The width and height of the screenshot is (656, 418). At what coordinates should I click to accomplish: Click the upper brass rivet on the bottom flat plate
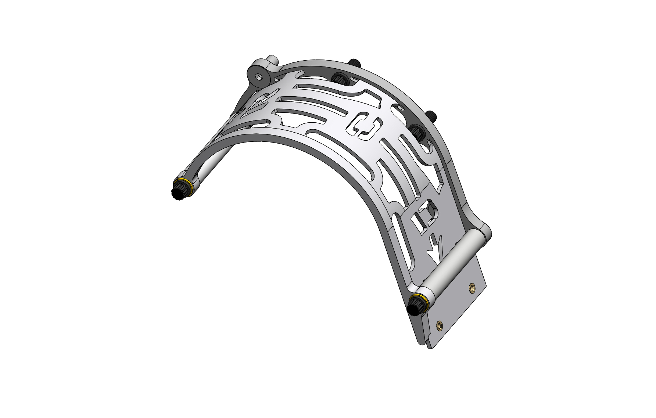472,287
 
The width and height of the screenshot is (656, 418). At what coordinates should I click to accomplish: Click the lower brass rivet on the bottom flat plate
439,324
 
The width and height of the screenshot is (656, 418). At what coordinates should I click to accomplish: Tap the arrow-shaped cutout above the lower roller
437,248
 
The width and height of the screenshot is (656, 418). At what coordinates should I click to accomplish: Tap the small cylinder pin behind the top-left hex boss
272,60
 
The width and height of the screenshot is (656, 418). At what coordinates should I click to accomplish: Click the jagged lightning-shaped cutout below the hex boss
262,101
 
